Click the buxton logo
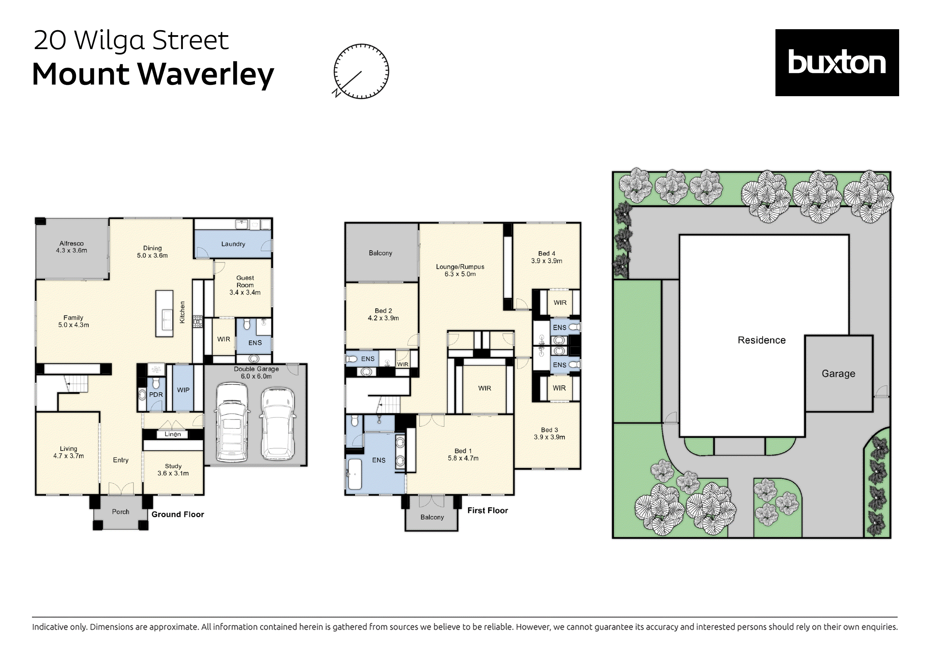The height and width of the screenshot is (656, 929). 836,62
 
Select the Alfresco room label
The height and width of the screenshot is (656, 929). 72,243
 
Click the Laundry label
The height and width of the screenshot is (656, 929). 233,244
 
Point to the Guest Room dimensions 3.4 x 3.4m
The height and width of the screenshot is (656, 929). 245,293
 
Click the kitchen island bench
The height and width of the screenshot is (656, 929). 164,313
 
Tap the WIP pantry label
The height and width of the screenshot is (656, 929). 183,390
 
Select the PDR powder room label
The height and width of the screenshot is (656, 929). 156,394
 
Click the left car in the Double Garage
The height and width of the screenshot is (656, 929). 232,423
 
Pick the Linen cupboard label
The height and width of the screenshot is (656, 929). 173,434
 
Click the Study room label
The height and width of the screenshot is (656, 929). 173,466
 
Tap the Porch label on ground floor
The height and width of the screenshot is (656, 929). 120,512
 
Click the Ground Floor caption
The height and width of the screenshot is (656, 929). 178,514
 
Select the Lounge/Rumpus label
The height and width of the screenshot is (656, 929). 460,267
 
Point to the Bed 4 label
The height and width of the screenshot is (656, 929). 547,254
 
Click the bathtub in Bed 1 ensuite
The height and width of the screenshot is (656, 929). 355,474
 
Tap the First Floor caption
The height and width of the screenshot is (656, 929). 488,510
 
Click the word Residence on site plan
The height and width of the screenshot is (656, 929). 761,340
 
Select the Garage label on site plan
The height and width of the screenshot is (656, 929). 838,374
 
